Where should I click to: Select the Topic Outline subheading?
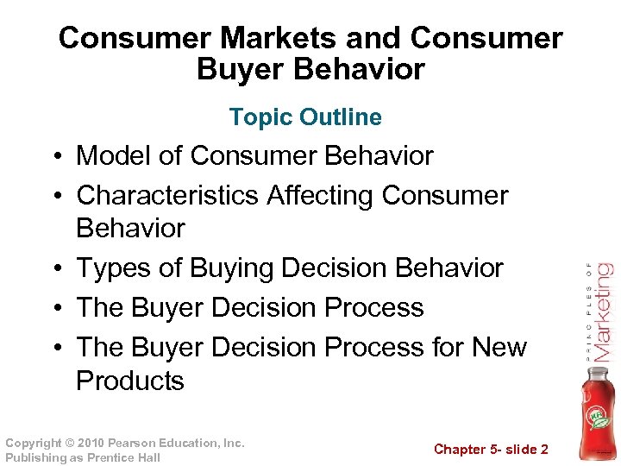point(305,116)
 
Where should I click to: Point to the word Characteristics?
point(167,195)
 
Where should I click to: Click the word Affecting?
point(320,195)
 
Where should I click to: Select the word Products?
point(130,381)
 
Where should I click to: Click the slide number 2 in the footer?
point(543,449)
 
